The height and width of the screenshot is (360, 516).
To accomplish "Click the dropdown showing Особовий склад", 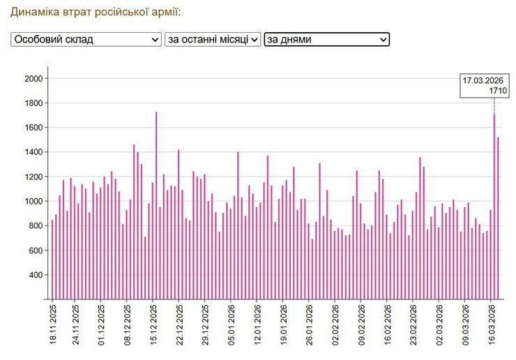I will click(x=86, y=40).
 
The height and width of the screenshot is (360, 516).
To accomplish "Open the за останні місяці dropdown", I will click(x=213, y=40).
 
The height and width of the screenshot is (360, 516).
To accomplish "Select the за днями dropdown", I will click(x=326, y=40).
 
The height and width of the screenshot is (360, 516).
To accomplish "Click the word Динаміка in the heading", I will click(x=33, y=13).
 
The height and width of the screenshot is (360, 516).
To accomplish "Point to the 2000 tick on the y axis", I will click(x=33, y=79).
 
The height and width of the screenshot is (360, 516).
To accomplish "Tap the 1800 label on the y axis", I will click(x=33, y=103).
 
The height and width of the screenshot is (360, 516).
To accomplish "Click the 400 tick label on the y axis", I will click(x=35, y=275).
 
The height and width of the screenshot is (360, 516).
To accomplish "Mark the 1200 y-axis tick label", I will click(x=33, y=177).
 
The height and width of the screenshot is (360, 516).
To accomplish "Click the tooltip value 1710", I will click(x=498, y=91).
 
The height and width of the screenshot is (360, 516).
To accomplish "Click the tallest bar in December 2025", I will click(x=156, y=205).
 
